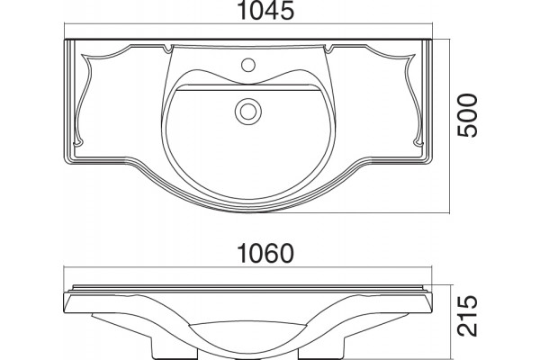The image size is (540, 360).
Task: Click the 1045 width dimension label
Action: [265, 10]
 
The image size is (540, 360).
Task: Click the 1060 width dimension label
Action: [265, 254]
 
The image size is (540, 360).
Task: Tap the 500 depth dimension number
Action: [468, 115]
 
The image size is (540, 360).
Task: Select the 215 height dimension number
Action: [467, 316]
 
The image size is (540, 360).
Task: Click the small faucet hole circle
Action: [248, 65]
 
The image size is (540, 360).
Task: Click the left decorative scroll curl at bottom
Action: [77, 141]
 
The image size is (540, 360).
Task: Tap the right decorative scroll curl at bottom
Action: [418, 141]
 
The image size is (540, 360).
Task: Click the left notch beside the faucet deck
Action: [168, 49]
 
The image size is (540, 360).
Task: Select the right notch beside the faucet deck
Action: [328, 49]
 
